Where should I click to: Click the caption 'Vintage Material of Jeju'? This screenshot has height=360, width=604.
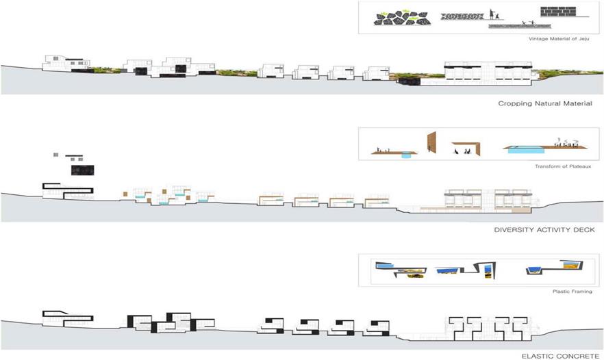(x=559, y=39)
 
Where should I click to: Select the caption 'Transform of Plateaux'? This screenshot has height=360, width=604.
(x=563, y=166)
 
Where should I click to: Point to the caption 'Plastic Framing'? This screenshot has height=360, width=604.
(x=572, y=292)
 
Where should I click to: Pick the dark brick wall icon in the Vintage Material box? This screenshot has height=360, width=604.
(x=557, y=12)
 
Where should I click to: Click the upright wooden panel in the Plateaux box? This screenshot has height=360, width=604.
(x=431, y=142)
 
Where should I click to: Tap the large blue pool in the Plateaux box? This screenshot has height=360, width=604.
(x=526, y=150)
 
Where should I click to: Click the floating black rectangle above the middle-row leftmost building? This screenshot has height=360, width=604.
(x=82, y=170)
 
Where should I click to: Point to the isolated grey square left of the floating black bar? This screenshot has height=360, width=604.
(x=56, y=155)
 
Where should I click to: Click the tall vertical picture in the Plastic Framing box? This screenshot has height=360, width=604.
(x=488, y=270)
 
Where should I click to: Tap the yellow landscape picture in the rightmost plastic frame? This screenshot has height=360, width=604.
(x=570, y=266)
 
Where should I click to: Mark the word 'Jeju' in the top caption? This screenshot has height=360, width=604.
(x=583, y=39)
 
